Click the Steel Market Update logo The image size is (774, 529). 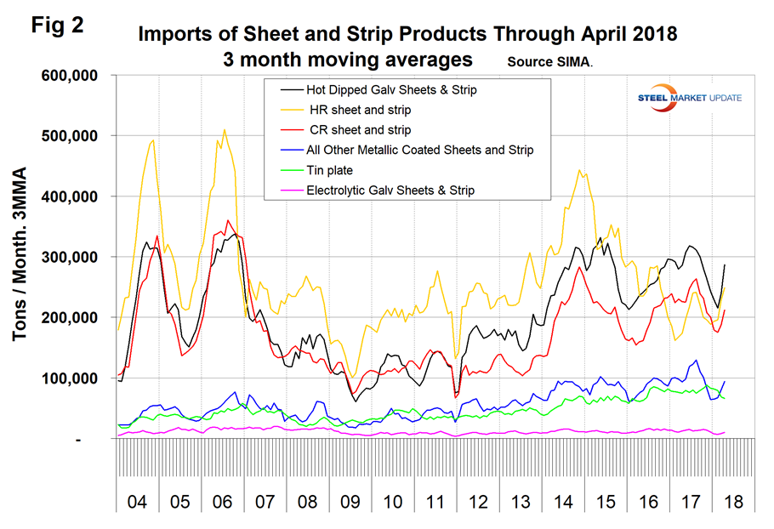[x=689, y=97]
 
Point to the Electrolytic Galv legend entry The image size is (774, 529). [x=400, y=191]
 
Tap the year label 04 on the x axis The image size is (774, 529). [x=136, y=503]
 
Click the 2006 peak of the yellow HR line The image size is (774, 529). [x=225, y=130]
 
